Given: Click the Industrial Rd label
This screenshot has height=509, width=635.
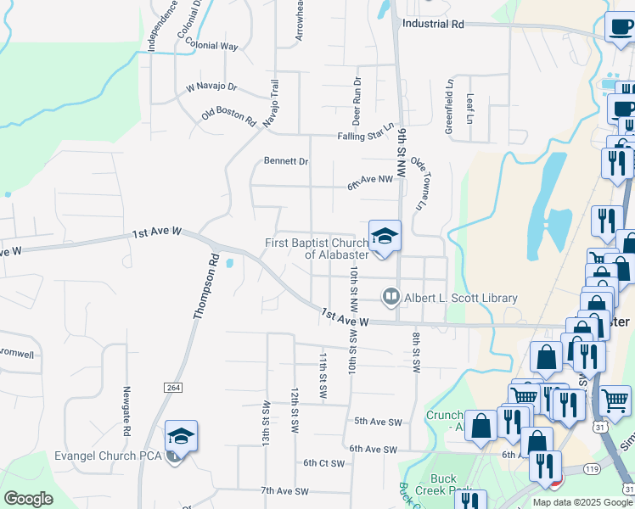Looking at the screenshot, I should pos(433,25).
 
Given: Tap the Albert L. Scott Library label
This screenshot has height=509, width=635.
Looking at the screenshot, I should pos(461,298).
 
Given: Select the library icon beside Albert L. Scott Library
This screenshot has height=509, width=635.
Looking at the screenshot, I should pos(391,297).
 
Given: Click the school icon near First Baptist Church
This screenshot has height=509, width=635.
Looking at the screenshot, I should pos(385,236).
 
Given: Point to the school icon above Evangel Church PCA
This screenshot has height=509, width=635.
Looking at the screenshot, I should pos(181,436).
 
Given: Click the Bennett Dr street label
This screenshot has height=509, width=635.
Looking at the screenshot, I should pos(285,160).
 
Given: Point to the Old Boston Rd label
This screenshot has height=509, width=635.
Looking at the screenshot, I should pos(228,116).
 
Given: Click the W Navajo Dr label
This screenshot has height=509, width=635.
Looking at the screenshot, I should pos(211,87).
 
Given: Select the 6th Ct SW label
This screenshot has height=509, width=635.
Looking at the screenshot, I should pos(324,463).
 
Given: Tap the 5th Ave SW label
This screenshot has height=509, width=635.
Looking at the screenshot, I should pos(377,421).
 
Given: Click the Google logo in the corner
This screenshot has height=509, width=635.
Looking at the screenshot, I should pos(29,498).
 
